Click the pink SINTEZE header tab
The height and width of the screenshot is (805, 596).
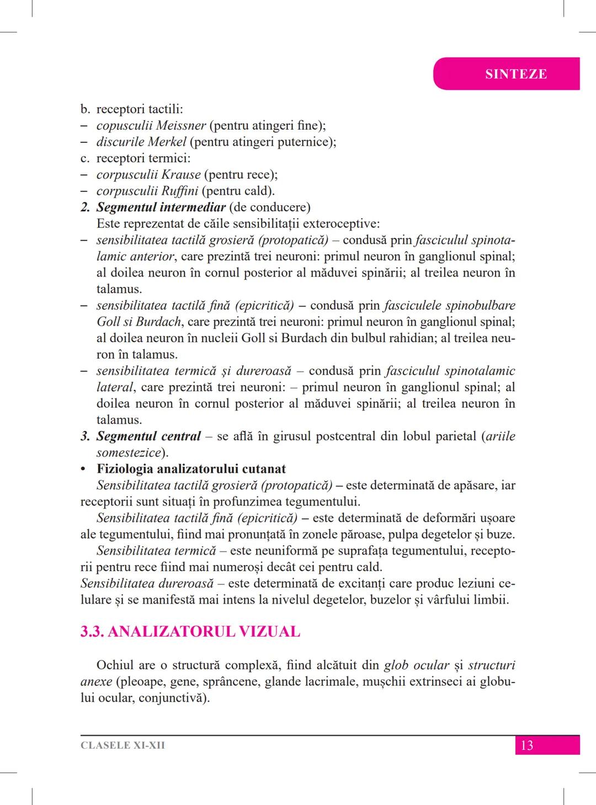point(515,74)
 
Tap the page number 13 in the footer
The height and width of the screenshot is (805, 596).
point(526,745)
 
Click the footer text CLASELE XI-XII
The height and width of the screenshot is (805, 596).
point(123,745)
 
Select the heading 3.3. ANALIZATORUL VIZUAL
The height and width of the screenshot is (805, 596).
point(190,632)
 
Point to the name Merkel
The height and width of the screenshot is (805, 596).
point(168,142)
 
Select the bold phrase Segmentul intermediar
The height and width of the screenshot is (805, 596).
point(161,207)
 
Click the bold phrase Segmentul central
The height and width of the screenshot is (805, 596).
point(148,436)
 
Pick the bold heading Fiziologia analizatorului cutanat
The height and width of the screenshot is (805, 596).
point(191,470)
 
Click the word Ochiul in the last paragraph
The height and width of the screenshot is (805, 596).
point(115,665)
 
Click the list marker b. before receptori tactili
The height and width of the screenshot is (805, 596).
point(85,109)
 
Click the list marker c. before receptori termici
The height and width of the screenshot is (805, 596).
point(85,158)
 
